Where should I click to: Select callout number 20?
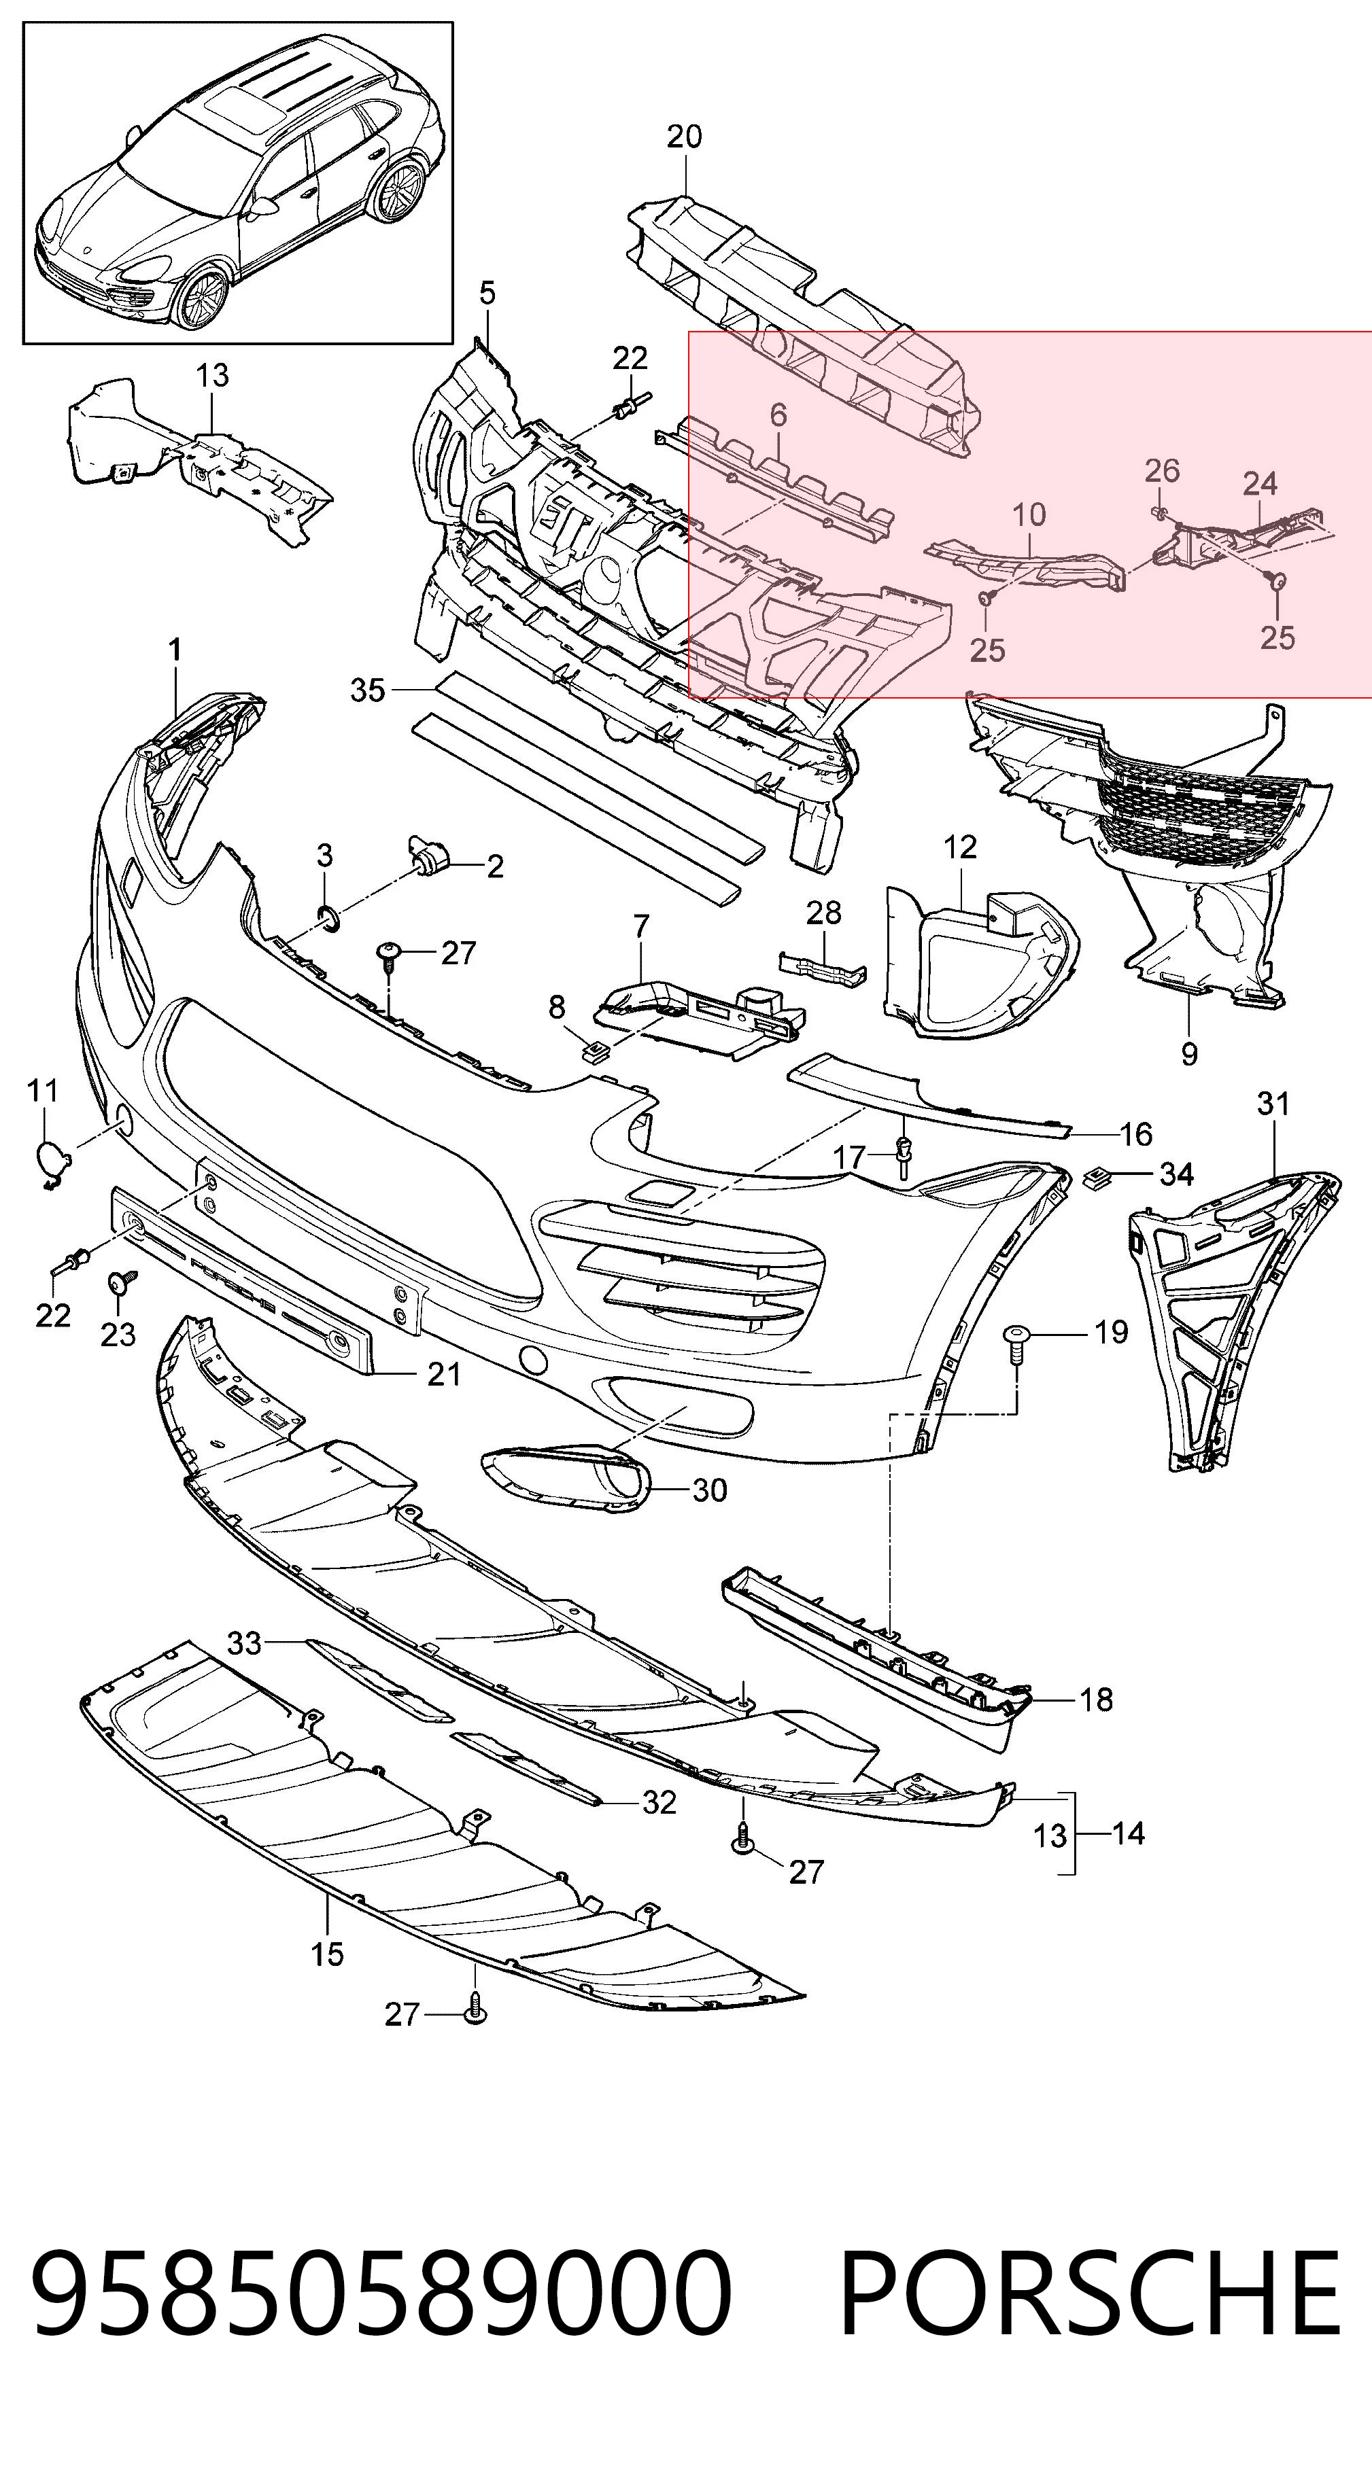[x=685, y=137]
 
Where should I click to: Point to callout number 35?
[x=368, y=690]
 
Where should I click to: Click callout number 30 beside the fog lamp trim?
[x=710, y=1490]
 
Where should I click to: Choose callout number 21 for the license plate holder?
[x=444, y=1374]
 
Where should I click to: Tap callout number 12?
[x=960, y=847]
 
